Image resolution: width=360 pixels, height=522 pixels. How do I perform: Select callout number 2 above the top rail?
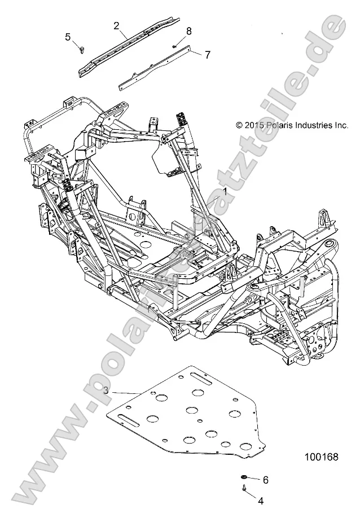click(117, 25)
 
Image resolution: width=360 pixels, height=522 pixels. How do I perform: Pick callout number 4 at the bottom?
click(261, 500)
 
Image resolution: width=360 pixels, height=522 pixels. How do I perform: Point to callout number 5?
click(68, 37)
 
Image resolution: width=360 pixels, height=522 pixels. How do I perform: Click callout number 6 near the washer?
click(265, 480)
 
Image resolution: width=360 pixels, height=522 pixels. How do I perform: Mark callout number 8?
click(189, 30)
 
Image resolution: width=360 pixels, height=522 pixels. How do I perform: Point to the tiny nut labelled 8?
click(175, 46)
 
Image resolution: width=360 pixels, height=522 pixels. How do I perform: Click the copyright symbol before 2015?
click(239, 125)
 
